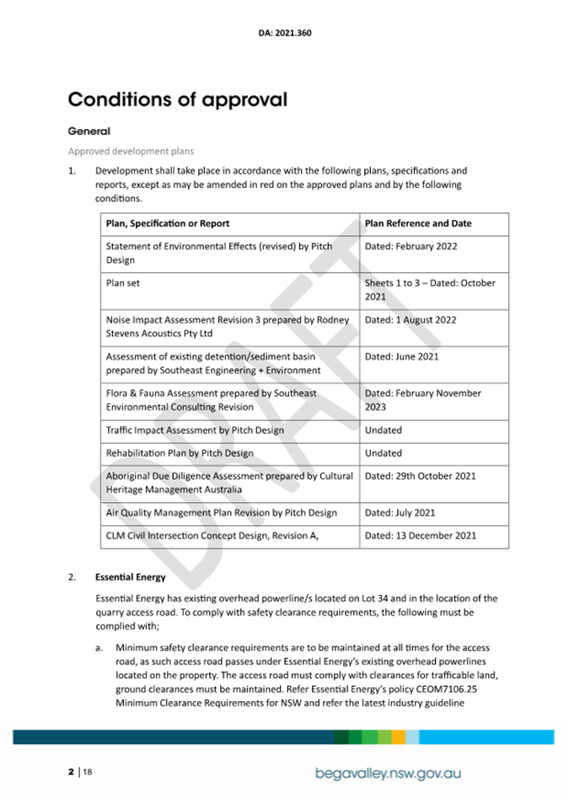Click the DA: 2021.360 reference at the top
coord(285,35)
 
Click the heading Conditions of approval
coord(177,99)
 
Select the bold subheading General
coord(89,131)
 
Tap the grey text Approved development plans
coord(131,152)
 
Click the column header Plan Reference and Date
coord(418,223)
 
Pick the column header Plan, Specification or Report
coord(168,223)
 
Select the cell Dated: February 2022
coord(411,247)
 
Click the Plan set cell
coord(123,283)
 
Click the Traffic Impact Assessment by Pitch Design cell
coord(195,431)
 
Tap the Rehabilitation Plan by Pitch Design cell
coord(180,452)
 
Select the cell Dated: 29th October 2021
coord(420,476)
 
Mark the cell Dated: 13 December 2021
coord(420,535)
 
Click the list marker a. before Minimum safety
coord(99,648)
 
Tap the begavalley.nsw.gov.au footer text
coord(389,773)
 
